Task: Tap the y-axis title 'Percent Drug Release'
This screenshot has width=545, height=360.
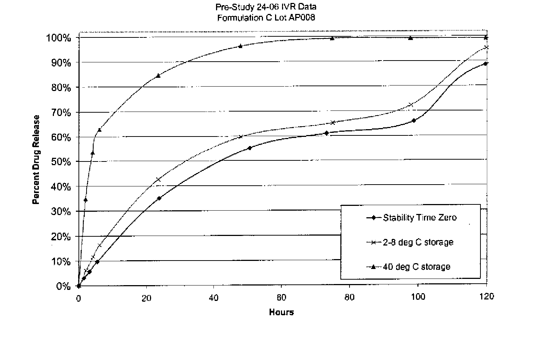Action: click(x=36, y=160)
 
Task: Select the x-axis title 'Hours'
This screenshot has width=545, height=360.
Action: click(x=281, y=312)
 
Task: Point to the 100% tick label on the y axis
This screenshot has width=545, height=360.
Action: click(x=58, y=38)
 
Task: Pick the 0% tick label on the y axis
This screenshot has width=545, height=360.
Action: click(x=63, y=286)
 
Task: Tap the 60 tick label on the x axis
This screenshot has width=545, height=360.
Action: click(x=281, y=298)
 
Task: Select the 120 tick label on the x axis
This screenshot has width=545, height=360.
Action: click(x=486, y=297)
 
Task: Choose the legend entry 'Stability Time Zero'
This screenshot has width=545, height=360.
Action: click(x=420, y=218)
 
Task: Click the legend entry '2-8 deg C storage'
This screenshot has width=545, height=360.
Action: click(x=418, y=242)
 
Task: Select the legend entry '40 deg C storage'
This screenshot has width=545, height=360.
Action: click(x=416, y=266)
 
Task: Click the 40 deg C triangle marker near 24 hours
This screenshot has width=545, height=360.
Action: click(x=158, y=76)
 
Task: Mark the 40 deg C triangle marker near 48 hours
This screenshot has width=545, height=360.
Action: click(x=240, y=46)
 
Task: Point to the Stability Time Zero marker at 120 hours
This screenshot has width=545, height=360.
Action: click(x=486, y=63)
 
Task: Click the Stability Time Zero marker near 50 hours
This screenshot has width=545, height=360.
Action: click(x=249, y=148)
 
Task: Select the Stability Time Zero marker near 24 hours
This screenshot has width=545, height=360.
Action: click(x=159, y=198)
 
